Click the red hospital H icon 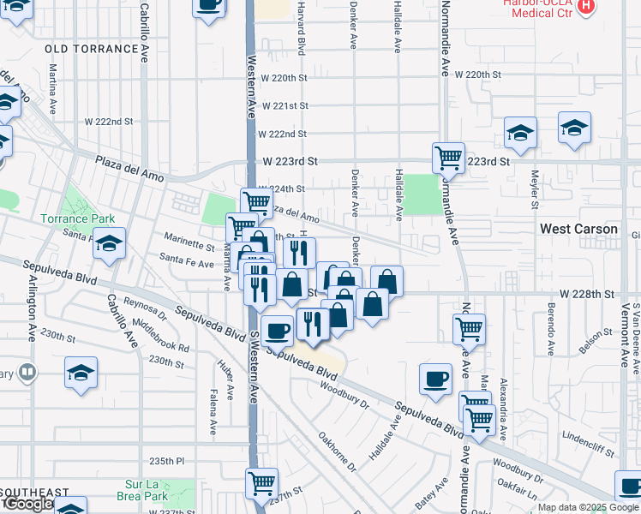pyautogui.click(x=586, y=7)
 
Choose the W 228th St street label pyautogui.click(x=588, y=293)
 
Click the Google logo pyautogui.click(x=27, y=504)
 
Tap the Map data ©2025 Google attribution pyautogui.click(x=587, y=507)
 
